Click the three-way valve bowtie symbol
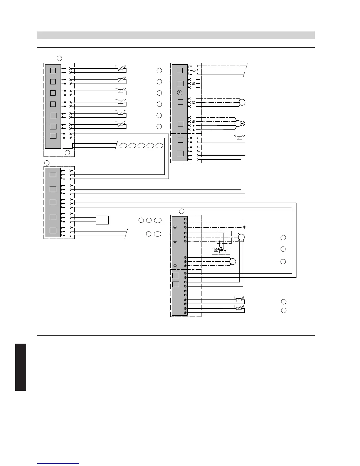point(243,124)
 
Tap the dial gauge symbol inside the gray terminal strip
point(180,93)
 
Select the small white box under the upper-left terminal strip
point(67,145)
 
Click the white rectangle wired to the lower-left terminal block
point(102,220)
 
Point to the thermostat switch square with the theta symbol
point(216,250)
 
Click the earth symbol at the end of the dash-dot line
point(245,227)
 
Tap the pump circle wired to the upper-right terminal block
point(242,102)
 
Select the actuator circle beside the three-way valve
point(238,124)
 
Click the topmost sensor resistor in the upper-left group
point(120,69)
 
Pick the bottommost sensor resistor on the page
point(239,309)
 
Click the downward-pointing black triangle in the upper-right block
point(194,126)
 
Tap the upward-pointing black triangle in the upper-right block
point(194,130)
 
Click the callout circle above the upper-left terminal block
point(59,58)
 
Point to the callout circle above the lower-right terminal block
point(182,211)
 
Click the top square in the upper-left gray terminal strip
point(53,70)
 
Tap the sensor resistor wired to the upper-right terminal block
point(239,138)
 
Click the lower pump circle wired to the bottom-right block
point(233,262)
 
